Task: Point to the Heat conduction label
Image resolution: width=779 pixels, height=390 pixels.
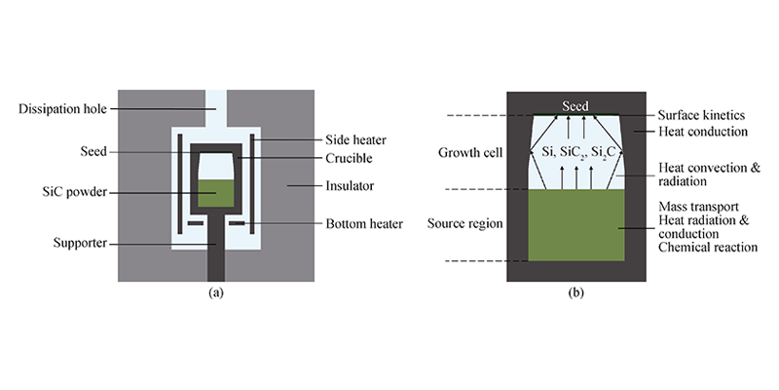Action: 700,131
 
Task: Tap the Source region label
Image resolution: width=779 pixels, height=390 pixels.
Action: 464,224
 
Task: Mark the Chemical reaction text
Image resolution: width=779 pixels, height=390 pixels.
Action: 708,248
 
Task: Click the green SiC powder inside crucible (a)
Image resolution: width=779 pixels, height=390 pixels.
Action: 215,192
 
